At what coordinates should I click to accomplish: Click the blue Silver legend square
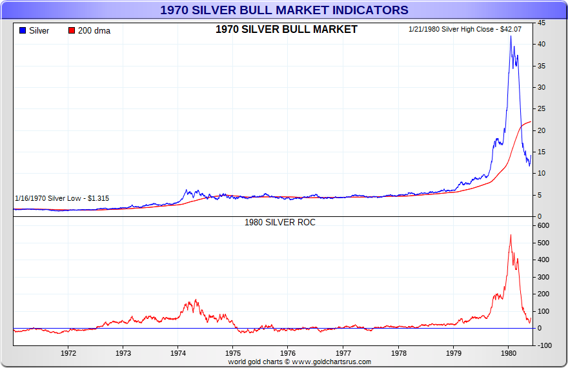click(23, 31)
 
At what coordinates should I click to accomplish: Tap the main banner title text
click(284, 10)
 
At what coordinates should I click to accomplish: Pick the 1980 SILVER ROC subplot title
click(279, 222)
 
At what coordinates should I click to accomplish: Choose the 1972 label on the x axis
click(68, 354)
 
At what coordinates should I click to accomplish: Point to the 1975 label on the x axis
click(234, 354)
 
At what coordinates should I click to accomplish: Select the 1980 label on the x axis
click(509, 354)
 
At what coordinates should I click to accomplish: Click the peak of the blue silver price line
click(511, 36)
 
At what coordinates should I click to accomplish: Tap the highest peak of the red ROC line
click(511, 235)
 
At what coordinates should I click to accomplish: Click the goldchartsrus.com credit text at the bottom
click(299, 362)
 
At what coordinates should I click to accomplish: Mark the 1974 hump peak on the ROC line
click(196, 300)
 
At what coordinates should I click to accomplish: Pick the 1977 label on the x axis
click(343, 354)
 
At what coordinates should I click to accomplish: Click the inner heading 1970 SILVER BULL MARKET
click(286, 30)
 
